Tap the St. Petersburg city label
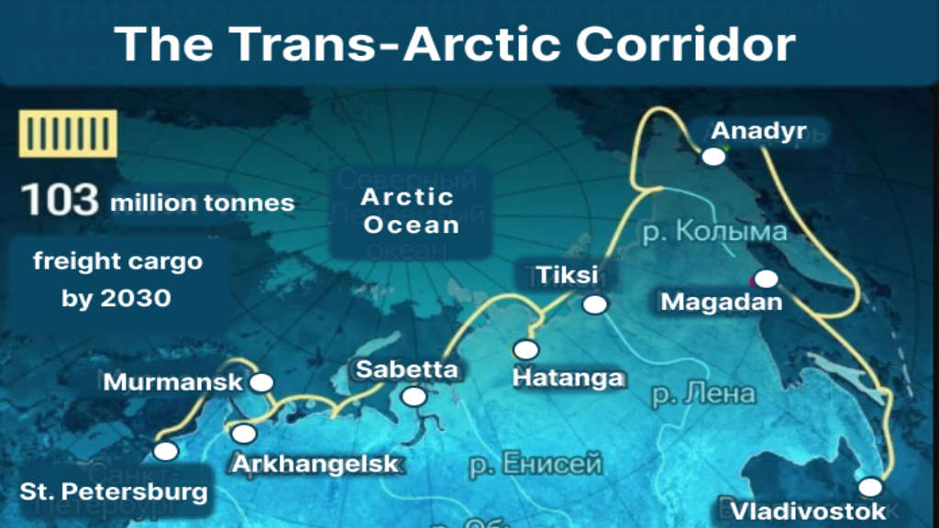114,491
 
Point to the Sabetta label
406,370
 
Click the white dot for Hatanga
526,349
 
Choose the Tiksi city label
567,275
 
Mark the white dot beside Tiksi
596,304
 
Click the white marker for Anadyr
713,157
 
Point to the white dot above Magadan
767,278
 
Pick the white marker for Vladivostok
869,487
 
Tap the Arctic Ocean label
409,210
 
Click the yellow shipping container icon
68,134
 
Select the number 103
61,200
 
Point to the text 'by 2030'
116,298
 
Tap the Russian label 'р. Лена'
704,395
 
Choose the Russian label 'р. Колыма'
714,231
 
